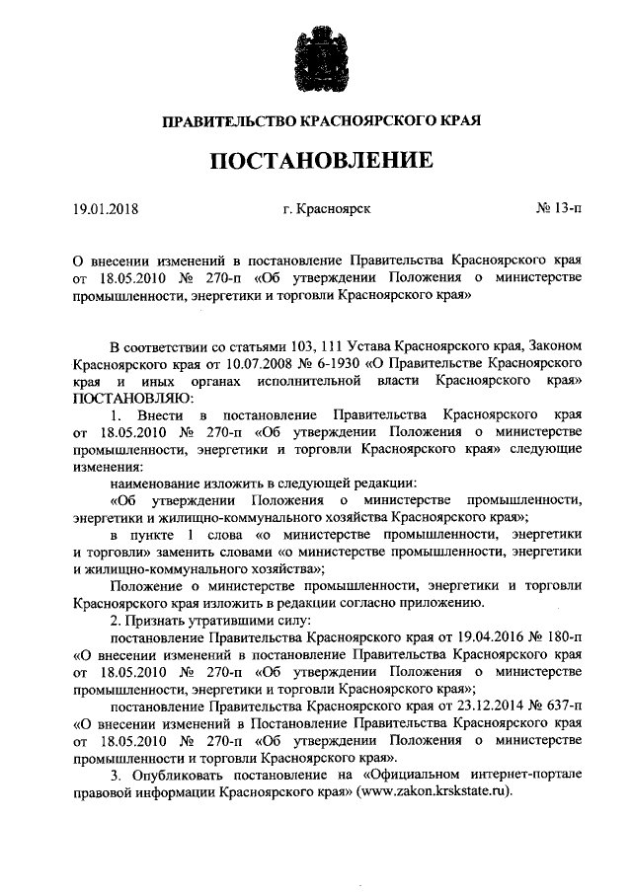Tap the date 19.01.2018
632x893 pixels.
pyautogui.click(x=107, y=209)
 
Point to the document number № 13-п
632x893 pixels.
pyautogui.click(x=558, y=209)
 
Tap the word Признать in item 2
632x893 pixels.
pyautogui.click(x=154, y=619)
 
